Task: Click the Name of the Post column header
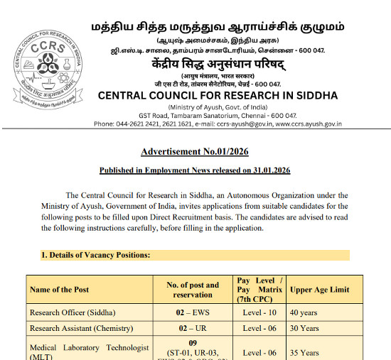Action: pos(60,290)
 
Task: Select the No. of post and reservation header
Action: pos(193,290)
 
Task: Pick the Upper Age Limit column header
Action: pos(321,290)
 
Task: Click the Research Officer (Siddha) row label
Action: pos(73,312)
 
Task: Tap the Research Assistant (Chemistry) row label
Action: pos(81,328)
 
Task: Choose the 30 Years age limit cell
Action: pos(305,328)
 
